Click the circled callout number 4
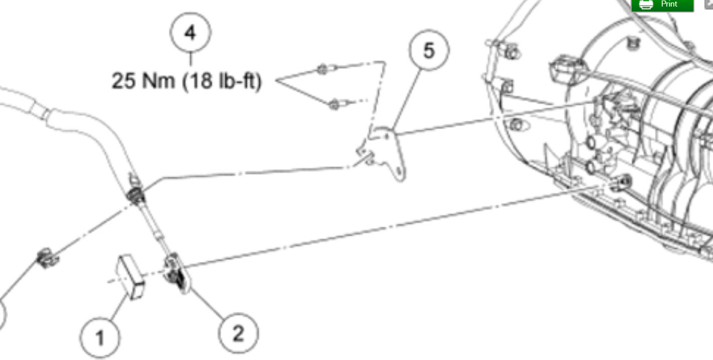(x=190, y=33)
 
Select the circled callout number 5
(x=429, y=50)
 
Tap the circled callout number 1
(x=100, y=337)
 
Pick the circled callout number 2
(x=238, y=333)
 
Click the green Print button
(x=662, y=5)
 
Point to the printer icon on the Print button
(x=646, y=4)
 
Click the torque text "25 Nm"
(x=143, y=81)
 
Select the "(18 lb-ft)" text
(x=222, y=81)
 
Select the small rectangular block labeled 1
(x=130, y=276)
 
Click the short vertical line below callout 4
(x=190, y=59)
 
